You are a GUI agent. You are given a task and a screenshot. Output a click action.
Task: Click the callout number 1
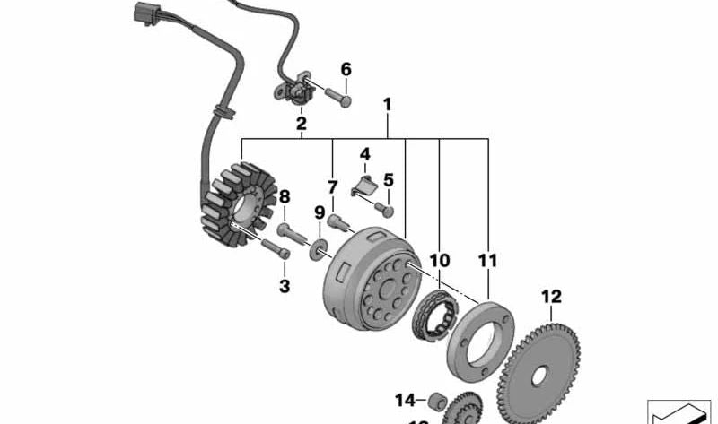(x=388, y=106)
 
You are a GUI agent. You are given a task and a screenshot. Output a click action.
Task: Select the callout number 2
(x=302, y=123)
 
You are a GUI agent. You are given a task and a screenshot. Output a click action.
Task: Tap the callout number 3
(x=285, y=287)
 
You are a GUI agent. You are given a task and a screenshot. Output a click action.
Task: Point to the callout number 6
(x=346, y=68)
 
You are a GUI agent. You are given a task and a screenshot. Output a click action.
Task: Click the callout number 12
(x=550, y=295)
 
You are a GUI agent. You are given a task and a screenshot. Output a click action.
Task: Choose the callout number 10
(x=439, y=261)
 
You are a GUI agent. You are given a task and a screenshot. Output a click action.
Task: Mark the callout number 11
(x=487, y=261)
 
